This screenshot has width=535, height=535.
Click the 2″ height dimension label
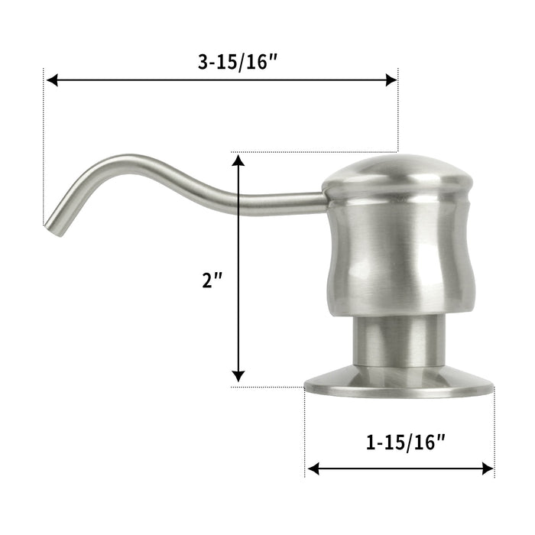point(211,280)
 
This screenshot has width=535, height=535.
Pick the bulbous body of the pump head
point(397,260)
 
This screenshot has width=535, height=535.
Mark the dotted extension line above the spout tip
point(44,153)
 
